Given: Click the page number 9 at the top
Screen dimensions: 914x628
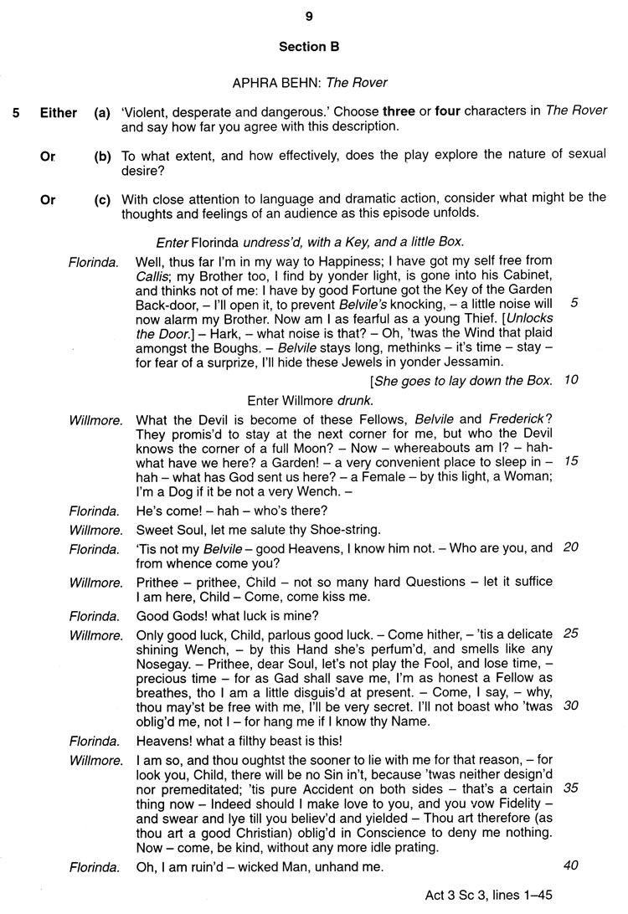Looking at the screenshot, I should click(309, 16).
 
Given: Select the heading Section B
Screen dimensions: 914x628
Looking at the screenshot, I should click(309, 47).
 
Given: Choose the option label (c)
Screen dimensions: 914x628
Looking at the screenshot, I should click(102, 199).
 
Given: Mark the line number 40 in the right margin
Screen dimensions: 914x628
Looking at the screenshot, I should click(571, 865).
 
